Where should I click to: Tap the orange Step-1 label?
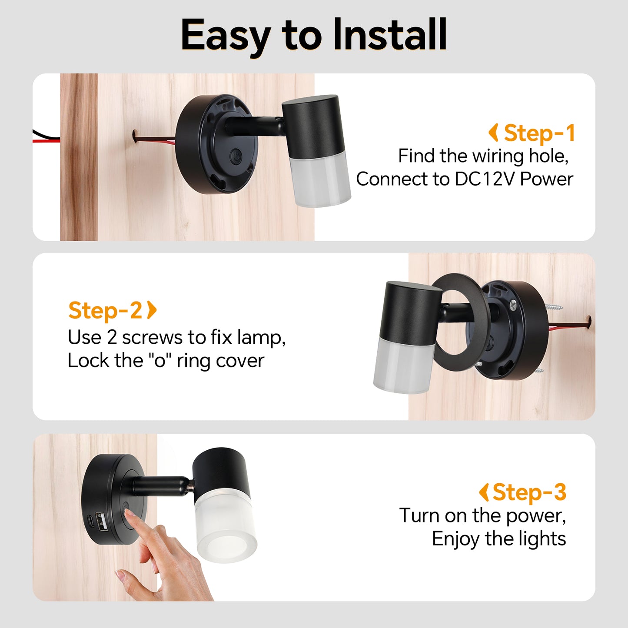coord(539,133)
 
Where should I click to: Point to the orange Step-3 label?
coord(529,492)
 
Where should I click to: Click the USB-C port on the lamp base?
coord(90,522)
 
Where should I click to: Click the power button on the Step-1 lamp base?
coord(235,156)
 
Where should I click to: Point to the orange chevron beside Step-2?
coord(152,310)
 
